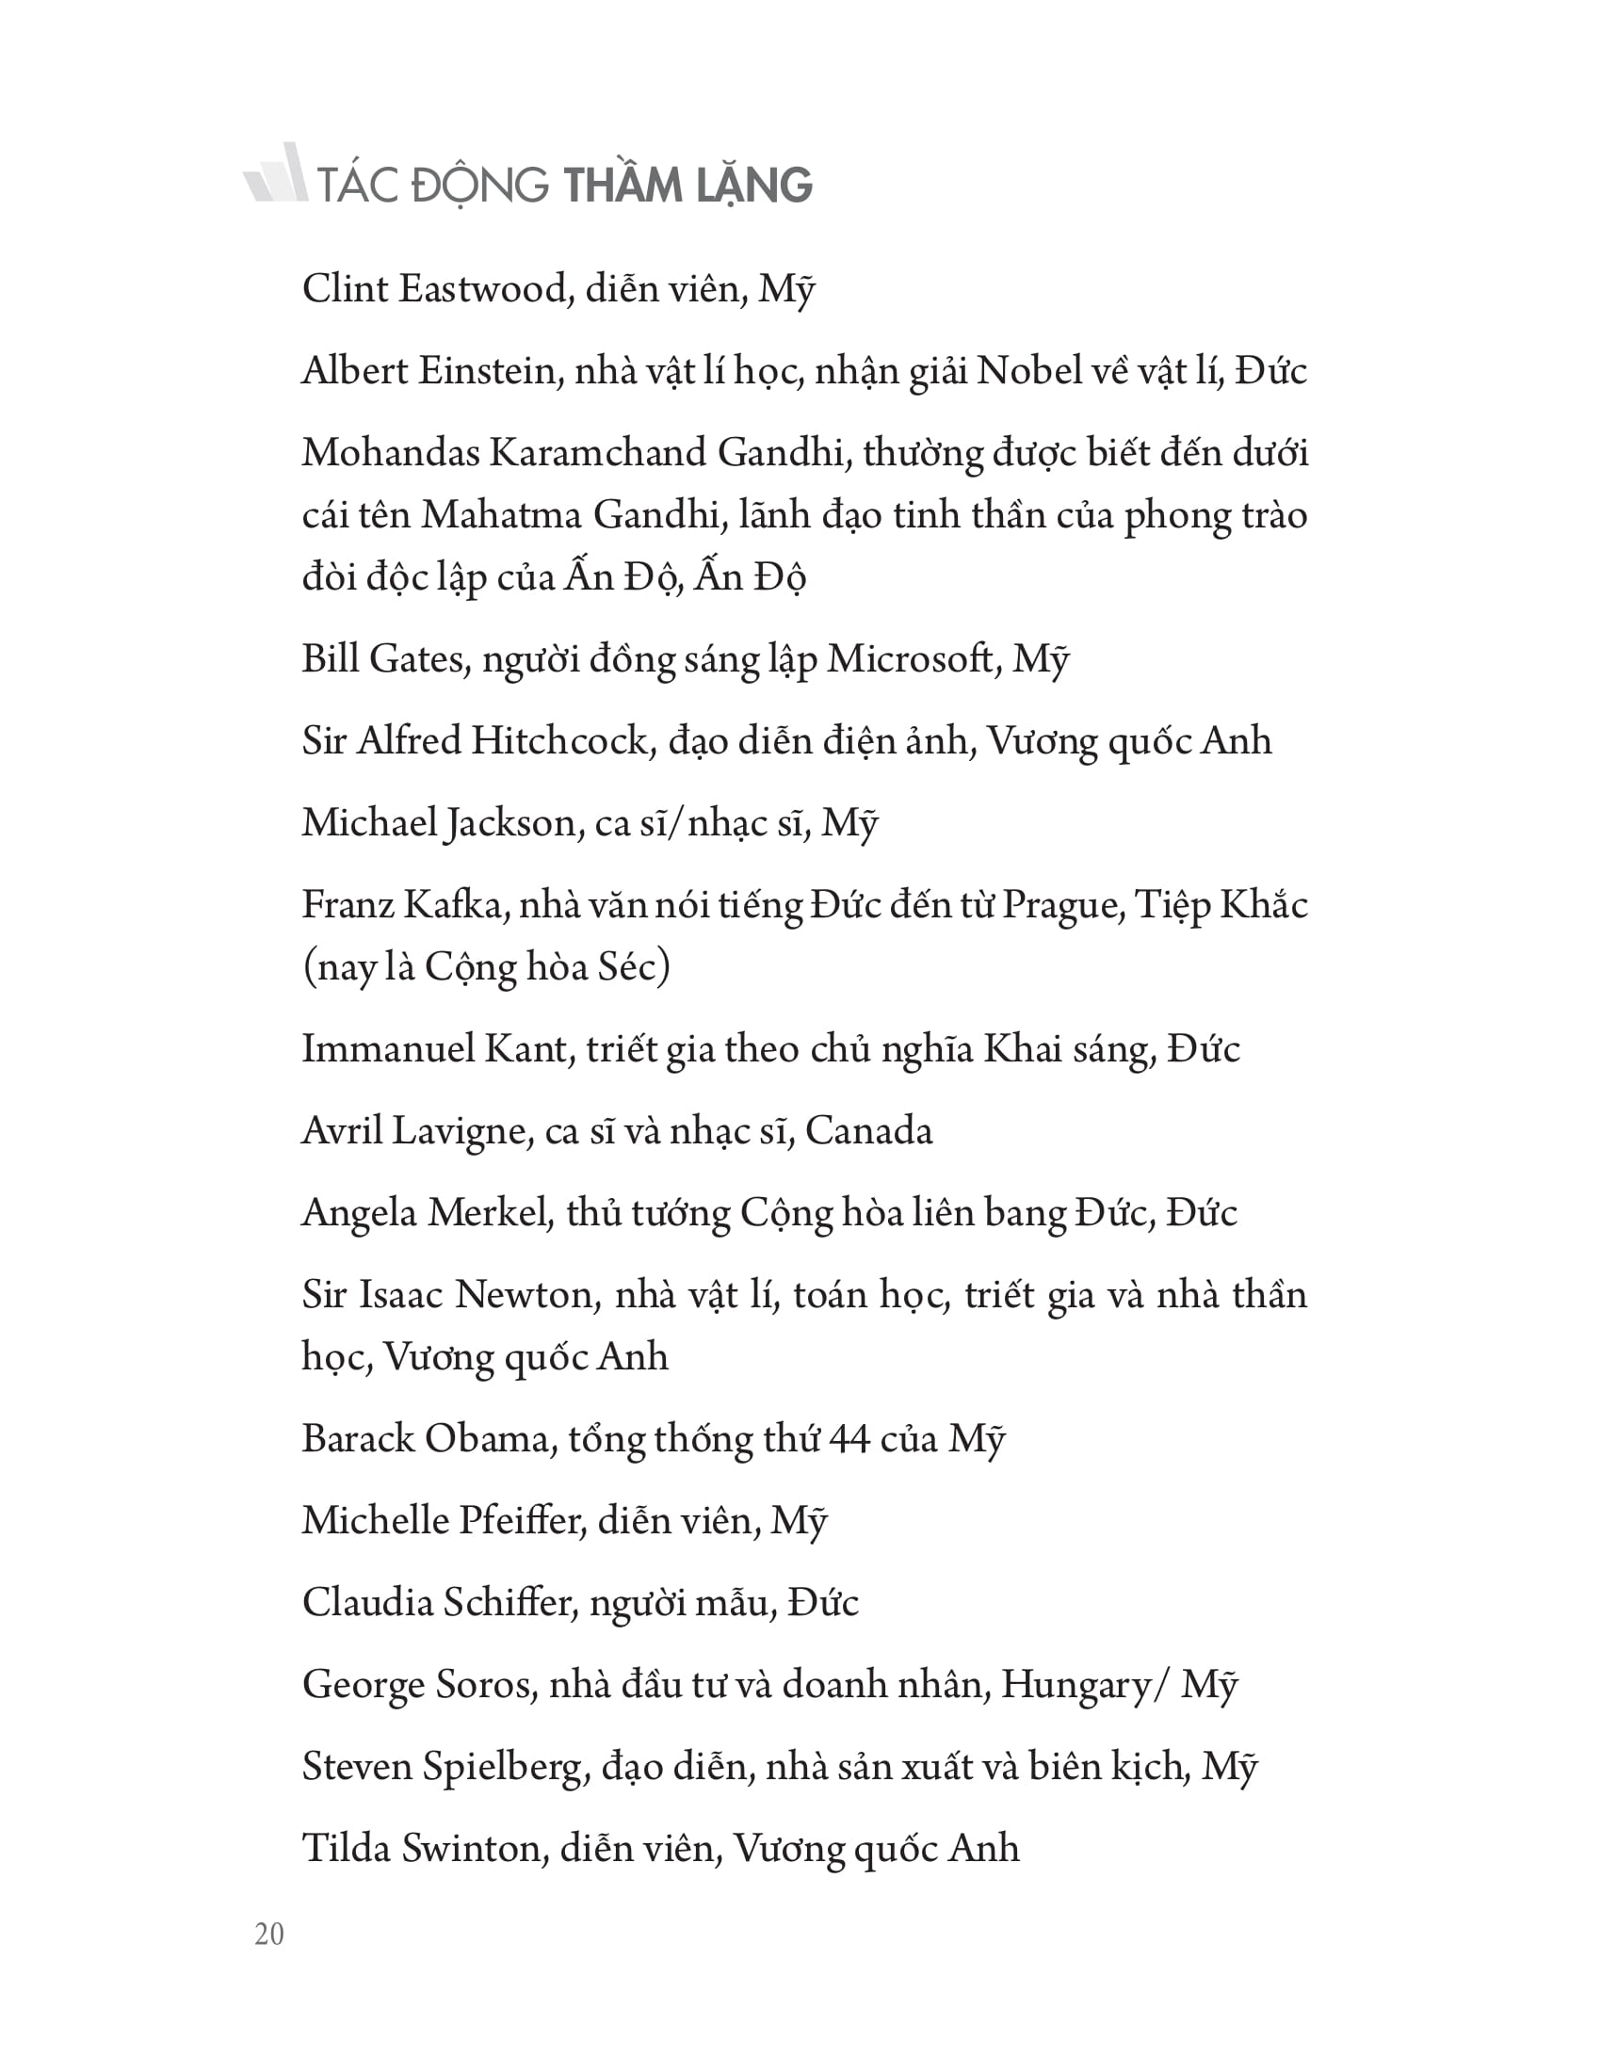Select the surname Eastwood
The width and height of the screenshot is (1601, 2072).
[x=483, y=289]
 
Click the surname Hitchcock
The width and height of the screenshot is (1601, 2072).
[x=559, y=741]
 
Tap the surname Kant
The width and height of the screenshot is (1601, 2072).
[x=526, y=1049]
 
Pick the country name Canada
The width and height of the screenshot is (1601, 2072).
[x=869, y=1131]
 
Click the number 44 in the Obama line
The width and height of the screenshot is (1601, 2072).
[x=849, y=1439]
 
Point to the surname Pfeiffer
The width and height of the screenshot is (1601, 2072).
[x=519, y=1521]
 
